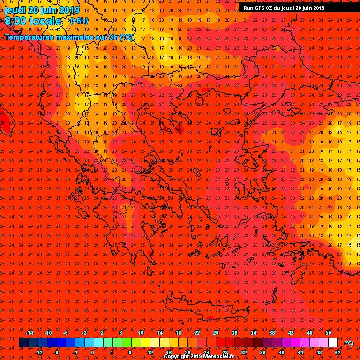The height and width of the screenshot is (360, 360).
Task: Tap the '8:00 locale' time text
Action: (x=33, y=21)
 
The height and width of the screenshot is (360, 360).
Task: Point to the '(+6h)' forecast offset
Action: (x=78, y=21)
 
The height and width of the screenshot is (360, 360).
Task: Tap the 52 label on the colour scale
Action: (x=337, y=352)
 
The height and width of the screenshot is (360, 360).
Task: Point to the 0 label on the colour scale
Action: (x=92, y=352)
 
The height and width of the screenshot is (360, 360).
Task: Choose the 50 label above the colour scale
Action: (x=328, y=333)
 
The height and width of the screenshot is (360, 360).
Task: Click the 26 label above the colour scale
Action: (x=216, y=333)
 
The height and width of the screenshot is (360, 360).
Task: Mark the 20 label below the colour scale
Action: (x=187, y=352)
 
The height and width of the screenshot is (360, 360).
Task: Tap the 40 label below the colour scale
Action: (x=281, y=352)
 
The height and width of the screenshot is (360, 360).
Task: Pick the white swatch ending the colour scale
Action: (x=333, y=343)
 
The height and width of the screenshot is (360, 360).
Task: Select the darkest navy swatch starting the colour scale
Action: (x=23, y=343)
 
